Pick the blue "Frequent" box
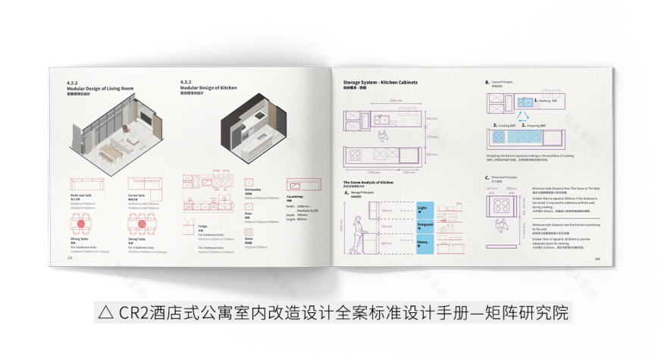click(424, 225)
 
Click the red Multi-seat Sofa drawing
click(84, 185)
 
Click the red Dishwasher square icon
click(253, 183)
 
